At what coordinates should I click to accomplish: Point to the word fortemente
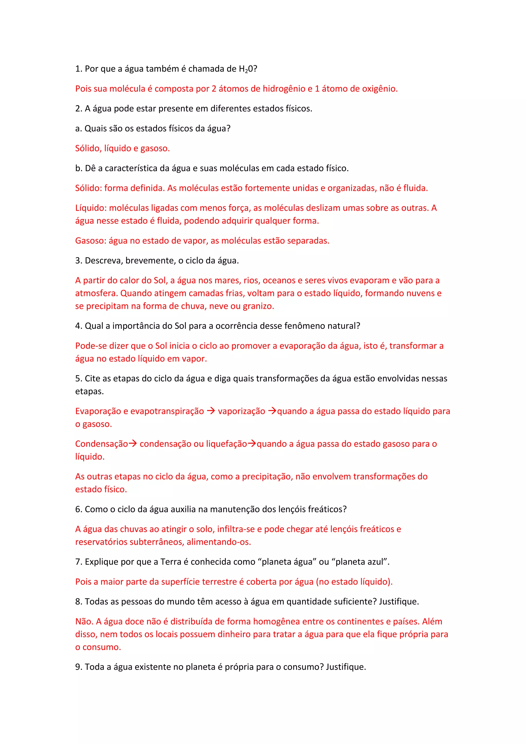267,188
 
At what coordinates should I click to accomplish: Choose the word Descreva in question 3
104,261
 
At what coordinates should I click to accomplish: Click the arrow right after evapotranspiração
211,411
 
